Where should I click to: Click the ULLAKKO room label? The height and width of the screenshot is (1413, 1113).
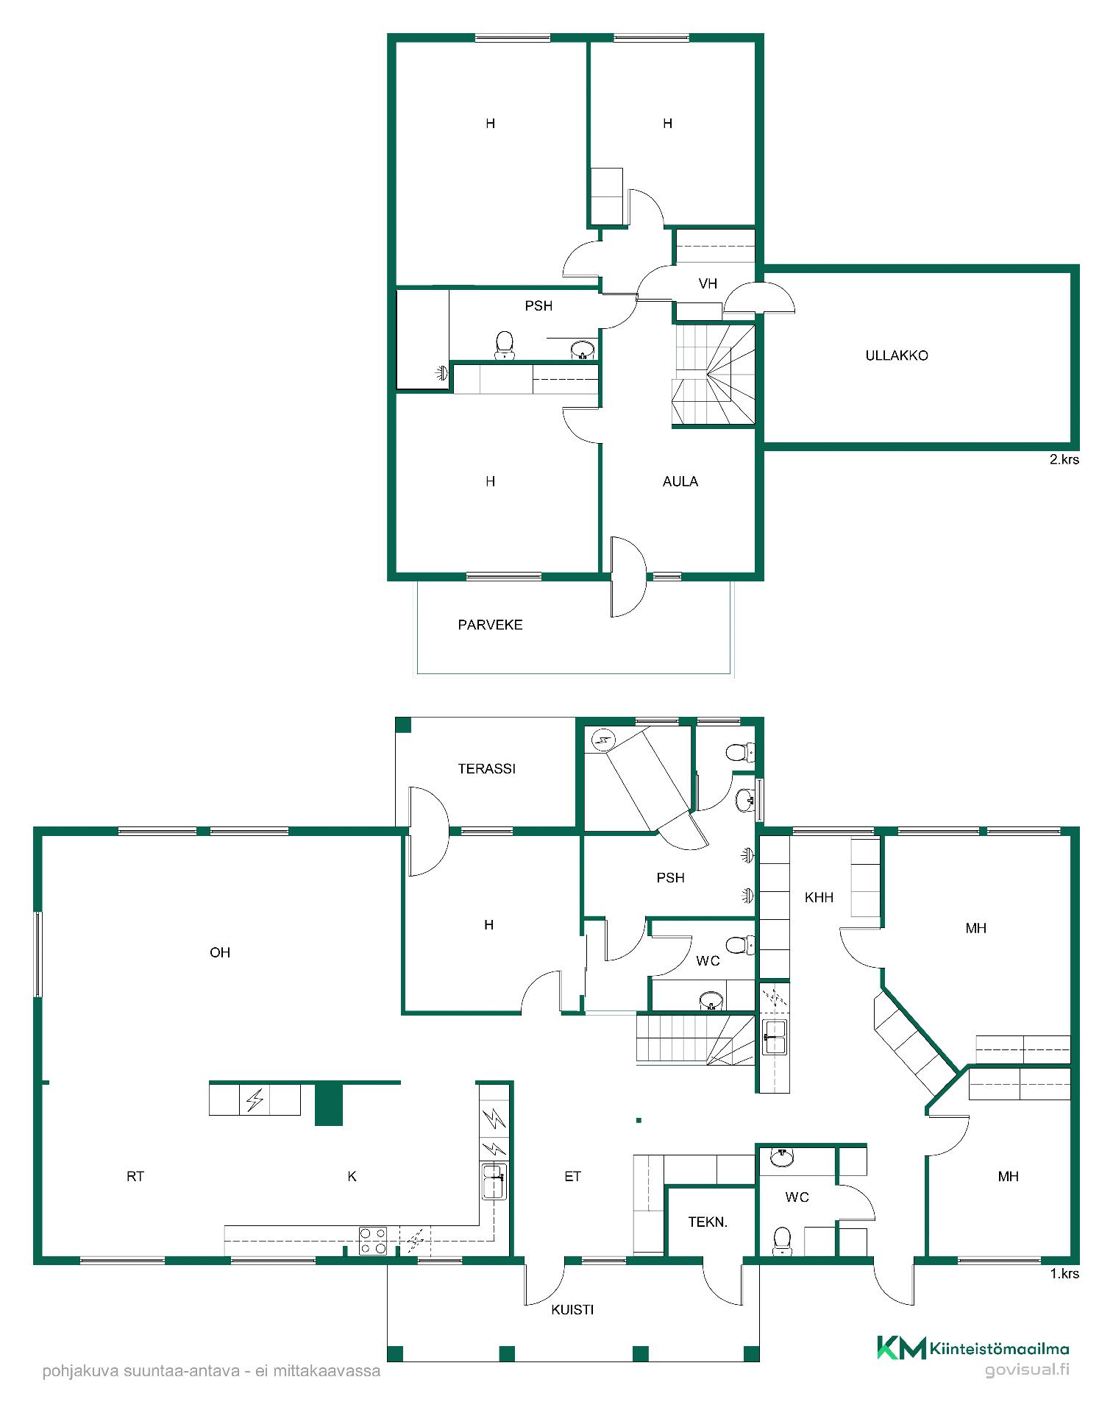pyautogui.click(x=896, y=355)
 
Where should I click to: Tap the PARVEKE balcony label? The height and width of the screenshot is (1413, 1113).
pyautogui.click(x=490, y=625)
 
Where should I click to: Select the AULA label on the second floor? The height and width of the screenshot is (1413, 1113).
pyautogui.click(x=680, y=481)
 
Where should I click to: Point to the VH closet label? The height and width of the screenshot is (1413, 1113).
pyautogui.click(x=708, y=283)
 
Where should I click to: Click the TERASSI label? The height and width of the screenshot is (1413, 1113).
pyautogui.click(x=486, y=768)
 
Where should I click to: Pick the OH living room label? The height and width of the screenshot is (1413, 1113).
pyautogui.click(x=220, y=952)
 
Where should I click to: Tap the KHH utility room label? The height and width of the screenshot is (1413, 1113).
pyautogui.click(x=819, y=897)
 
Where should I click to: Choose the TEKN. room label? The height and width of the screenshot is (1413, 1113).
pyautogui.click(x=708, y=1222)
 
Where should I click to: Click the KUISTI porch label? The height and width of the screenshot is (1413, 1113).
pyautogui.click(x=572, y=1309)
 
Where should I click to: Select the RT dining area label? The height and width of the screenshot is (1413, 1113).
pyautogui.click(x=135, y=1176)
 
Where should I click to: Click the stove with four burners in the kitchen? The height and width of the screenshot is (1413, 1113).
pyautogui.click(x=373, y=1240)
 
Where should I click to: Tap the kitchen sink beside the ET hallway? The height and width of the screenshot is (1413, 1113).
pyautogui.click(x=494, y=1181)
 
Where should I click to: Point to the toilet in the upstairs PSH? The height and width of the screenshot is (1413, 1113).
pyautogui.click(x=504, y=345)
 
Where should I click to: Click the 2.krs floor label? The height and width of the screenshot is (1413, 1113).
pyautogui.click(x=1064, y=459)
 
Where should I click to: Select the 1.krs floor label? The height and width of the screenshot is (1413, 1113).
pyautogui.click(x=1064, y=1273)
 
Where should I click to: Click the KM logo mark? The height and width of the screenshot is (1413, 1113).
pyautogui.click(x=901, y=1348)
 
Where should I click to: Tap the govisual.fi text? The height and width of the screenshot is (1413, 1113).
pyautogui.click(x=1027, y=1370)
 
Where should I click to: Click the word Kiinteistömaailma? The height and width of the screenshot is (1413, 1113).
pyautogui.click(x=999, y=1349)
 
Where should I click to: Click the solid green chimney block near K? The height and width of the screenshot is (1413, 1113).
pyautogui.click(x=329, y=1104)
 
